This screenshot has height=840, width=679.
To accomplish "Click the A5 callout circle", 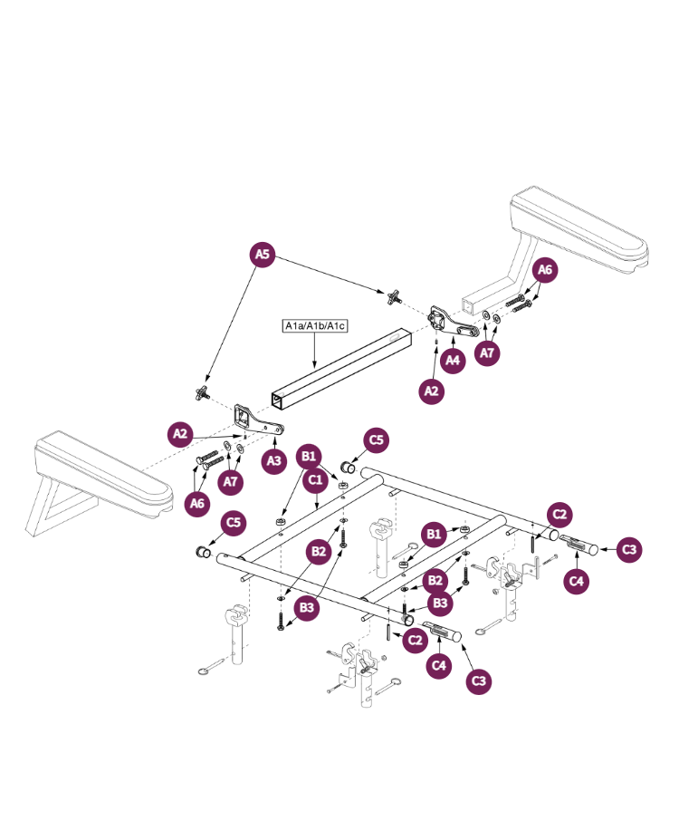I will (x=262, y=255).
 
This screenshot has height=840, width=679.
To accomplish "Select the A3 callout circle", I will (x=274, y=460).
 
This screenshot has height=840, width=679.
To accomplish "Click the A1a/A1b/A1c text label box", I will (x=316, y=325).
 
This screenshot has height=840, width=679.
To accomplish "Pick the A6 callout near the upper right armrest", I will (x=543, y=270).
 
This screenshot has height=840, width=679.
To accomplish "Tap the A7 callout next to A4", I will (x=488, y=352).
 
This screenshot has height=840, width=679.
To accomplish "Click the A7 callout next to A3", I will (x=232, y=481).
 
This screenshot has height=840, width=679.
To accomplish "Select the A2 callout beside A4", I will (x=432, y=391).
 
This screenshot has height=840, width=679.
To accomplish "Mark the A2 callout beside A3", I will (x=181, y=434).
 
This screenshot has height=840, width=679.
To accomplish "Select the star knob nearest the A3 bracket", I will (x=201, y=392).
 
